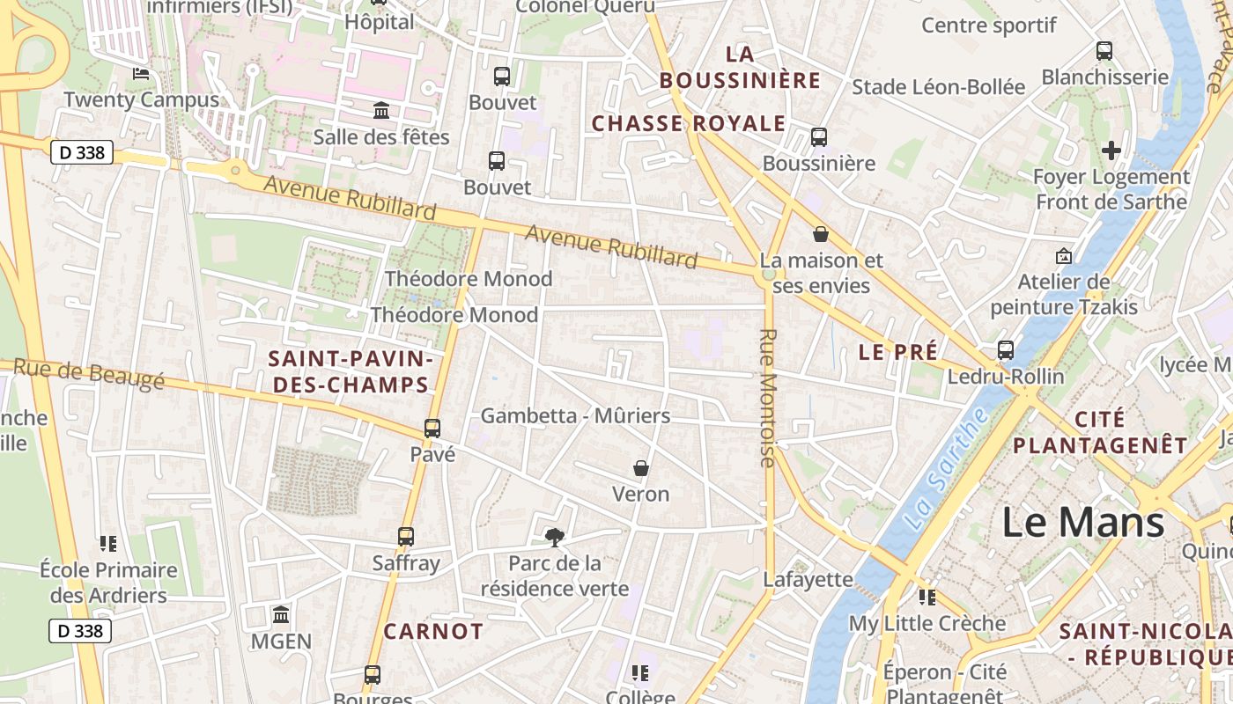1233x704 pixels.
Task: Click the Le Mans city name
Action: [x=1083, y=522]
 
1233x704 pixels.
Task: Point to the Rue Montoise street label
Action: [x=767, y=398]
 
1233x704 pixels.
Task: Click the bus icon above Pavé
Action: [x=432, y=429]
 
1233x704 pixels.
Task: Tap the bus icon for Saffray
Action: [x=406, y=536]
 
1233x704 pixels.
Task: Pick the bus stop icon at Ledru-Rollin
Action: [x=1006, y=350]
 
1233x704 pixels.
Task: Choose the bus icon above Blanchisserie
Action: [x=1104, y=51]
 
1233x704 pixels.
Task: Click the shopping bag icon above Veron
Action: [x=641, y=468]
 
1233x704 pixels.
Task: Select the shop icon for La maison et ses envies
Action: [x=821, y=234]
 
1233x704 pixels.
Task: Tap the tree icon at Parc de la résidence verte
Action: [x=554, y=536]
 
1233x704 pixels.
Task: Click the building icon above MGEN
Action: [x=281, y=614]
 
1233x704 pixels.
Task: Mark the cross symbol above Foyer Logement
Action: [x=1111, y=150]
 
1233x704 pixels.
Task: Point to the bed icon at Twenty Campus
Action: [x=141, y=73]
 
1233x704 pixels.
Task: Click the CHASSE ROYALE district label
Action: [x=688, y=123]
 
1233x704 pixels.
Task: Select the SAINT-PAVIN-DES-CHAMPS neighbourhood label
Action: [x=351, y=371]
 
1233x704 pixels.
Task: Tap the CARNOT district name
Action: [x=433, y=631]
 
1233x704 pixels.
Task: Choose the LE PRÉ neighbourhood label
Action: [x=897, y=352]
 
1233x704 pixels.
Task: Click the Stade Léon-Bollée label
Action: [x=938, y=86]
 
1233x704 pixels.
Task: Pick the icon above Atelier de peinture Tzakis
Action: [x=1063, y=257]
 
